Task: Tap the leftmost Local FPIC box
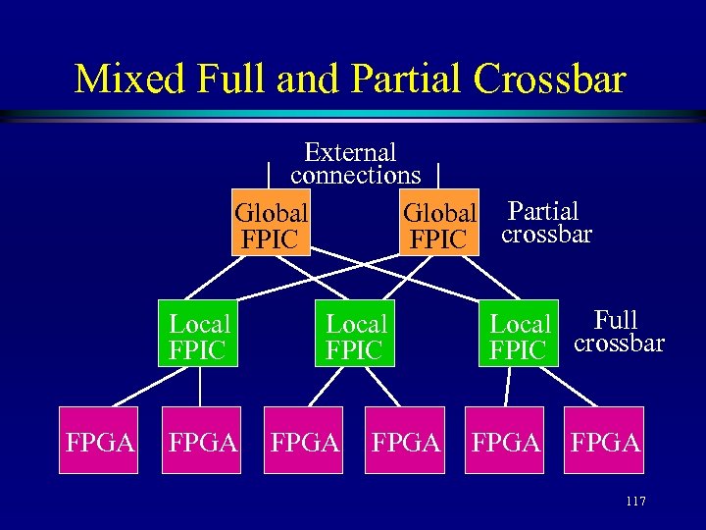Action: pos(198,335)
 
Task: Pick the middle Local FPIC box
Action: pos(354,335)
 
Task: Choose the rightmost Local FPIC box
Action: pos(518,335)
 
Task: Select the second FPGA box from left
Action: pos(204,441)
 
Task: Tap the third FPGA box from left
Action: pos(305,441)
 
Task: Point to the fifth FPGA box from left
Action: pos(506,441)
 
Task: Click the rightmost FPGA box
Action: pos(605,441)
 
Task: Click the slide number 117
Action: pos(634,502)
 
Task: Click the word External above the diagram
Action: pos(350,152)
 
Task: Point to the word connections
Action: pos(355,176)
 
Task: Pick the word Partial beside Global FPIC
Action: pos(543,210)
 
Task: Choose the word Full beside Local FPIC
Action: pos(616,320)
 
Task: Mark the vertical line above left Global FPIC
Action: pos(269,175)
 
